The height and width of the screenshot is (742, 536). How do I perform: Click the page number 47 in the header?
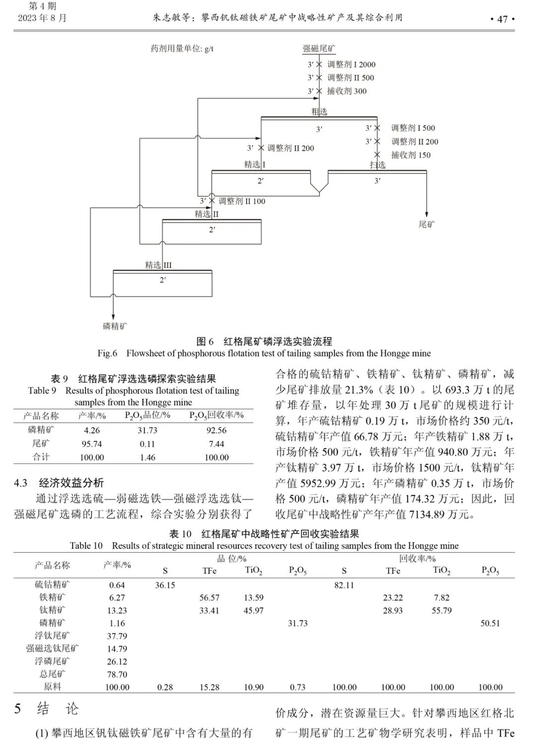click(x=502, y=19)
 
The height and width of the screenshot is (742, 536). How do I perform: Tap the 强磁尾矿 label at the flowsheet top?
click(x=319, y=49)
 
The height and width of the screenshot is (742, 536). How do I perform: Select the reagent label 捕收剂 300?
click(x=347, y=91)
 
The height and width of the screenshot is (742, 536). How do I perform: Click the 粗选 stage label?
click(x=319, y=112)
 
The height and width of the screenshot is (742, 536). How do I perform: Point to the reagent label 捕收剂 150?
click(x=410, y=155)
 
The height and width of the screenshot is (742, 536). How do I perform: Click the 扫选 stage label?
click(x=377, y=165)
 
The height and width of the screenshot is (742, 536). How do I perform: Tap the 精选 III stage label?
click(x=158, y=265)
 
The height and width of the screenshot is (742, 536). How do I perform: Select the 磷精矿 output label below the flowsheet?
click(x=115, y=326)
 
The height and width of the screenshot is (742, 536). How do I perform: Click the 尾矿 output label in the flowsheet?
click(x=426, y=224)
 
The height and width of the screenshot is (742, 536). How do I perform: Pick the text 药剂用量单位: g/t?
click(x=182, y=49)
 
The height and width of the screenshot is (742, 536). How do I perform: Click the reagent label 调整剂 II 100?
click(x=242, y=201)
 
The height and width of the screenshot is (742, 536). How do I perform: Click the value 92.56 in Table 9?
click(x=216, y=431)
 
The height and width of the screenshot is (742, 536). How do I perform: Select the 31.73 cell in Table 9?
click(x=147, y=431)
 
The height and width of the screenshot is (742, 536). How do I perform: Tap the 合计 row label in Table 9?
click(x=41, y=457)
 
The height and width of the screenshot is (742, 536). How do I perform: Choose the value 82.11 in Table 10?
click(x=344, y=585)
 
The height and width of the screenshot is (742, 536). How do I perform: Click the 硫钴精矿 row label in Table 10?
click(x=52, y=585)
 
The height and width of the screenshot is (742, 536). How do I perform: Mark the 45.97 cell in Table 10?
click(x=253, y=610)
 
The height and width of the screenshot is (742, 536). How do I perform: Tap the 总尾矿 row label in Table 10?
click(x=52, y=674)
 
